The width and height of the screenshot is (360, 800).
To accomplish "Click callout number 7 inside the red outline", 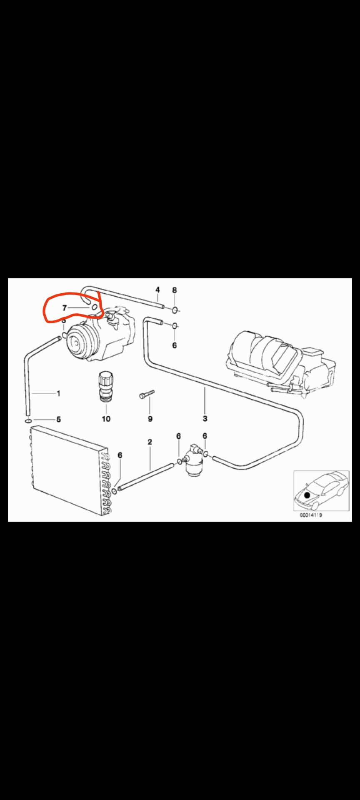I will click(64, 308).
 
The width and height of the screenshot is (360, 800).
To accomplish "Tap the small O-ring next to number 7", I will click(95, 307).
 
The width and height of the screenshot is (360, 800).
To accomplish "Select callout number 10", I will click(106, 418).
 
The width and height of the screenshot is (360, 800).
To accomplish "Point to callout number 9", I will click(150, 418).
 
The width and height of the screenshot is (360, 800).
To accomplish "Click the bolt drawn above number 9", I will click(146, 394).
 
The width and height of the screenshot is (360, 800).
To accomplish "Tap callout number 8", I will click(174, 290).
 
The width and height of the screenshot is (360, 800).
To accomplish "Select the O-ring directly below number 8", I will click(175, 310).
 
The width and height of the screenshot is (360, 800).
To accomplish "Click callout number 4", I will click(157, 290).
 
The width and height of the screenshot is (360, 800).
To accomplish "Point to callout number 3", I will click(205, 418).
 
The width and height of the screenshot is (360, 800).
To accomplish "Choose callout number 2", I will click(150, 442).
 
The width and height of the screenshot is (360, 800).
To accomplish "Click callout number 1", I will click(58, 393).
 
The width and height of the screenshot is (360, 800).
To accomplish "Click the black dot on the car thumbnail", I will click(307, 495).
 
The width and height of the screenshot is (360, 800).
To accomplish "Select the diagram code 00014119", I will click(310, 515).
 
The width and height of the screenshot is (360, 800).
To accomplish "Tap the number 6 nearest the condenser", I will click(120, 455).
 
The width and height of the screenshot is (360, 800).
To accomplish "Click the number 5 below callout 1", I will click(58, 419).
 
